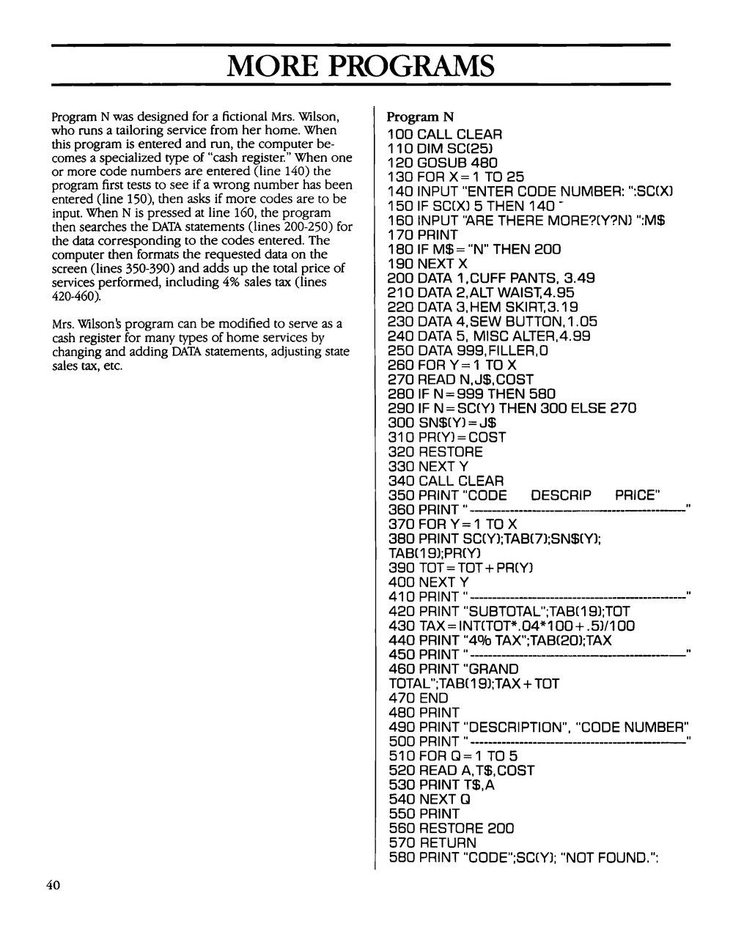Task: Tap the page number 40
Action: pos(52,885)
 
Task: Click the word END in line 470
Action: pos(432,698)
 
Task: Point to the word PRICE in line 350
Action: pos(636,495)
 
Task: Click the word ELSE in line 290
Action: pos(594,408)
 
